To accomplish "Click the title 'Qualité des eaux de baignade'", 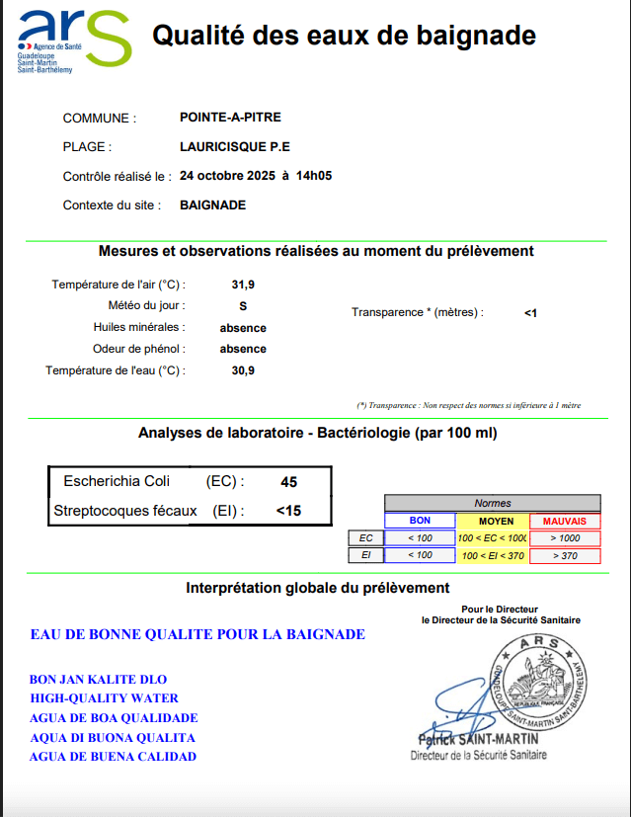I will coord(344,37).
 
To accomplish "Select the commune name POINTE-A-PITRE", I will coord(230,118).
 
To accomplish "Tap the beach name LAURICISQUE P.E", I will coord(235,147).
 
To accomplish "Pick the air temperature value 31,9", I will coord(243,285).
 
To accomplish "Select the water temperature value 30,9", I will coord(243,370).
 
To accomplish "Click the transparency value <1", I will coord(530,313).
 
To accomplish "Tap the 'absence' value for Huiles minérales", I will coord(243,328).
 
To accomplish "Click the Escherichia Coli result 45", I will coord(289,482).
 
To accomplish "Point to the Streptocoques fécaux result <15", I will coord(288,511).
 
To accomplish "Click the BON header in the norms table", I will coord(420,521).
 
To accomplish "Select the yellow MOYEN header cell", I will coord(493,521).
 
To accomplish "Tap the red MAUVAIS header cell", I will coord(565,521).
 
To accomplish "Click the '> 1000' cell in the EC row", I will coord(565,538).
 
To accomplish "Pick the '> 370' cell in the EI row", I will coord(565,555).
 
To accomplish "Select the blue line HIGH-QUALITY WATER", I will coord(104,698).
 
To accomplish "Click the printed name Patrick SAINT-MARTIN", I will coord(477,739).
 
